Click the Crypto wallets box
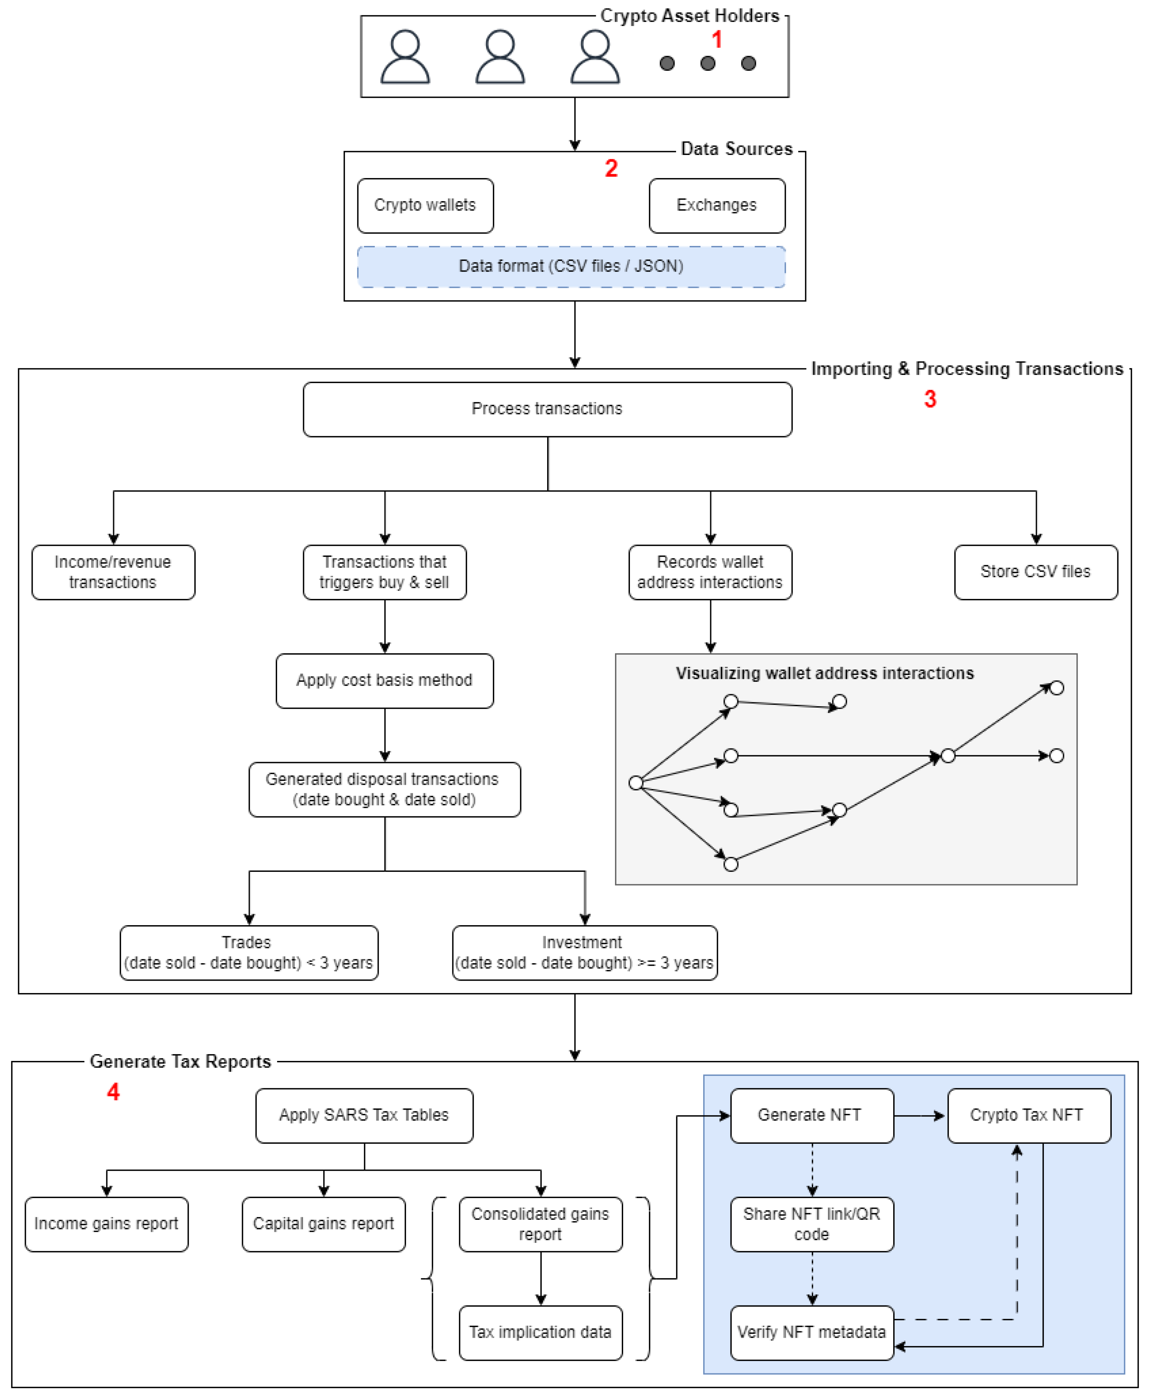(x=425, y=205)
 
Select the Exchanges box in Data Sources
(x=717, y=205)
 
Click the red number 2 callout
(x=611, y=168)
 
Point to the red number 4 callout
(x=113, y=1091)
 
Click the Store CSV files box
(x=1036, y=572)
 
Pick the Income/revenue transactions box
(x=113, y=572)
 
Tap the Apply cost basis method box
(x=384, y=681)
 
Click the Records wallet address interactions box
(x=710, y=572)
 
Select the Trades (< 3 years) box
(x=249, y=953)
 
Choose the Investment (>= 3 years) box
(x=584, y=953)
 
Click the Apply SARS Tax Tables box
(x=364, y=1115)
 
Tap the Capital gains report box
(x=324, y=1224)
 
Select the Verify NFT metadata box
(x=812, y=1332)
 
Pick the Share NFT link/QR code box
(x=812, y=1224)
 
